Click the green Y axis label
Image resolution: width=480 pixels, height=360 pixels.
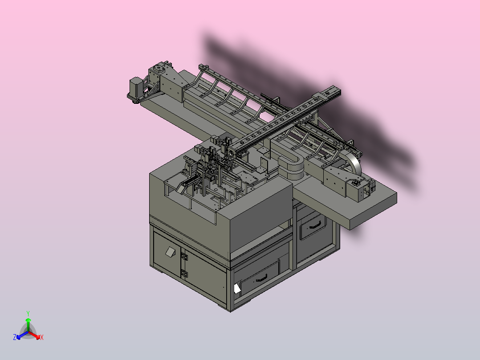[28, 313]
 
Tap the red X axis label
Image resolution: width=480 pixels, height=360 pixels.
[42, 337]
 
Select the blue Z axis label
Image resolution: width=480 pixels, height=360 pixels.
[14, 337]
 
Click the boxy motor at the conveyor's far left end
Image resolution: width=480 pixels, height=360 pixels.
[135, 86]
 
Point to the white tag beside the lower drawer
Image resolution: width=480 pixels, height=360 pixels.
[237, 289]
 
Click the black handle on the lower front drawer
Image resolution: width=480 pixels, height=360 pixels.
[261, 278]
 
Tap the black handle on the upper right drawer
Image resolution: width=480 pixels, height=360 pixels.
[315, 225]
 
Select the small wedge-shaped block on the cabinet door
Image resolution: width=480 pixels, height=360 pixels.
[170, 252]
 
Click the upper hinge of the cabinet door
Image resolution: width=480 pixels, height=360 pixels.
[183, 256]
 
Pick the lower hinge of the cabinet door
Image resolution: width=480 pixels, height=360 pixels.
[183, 273]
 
